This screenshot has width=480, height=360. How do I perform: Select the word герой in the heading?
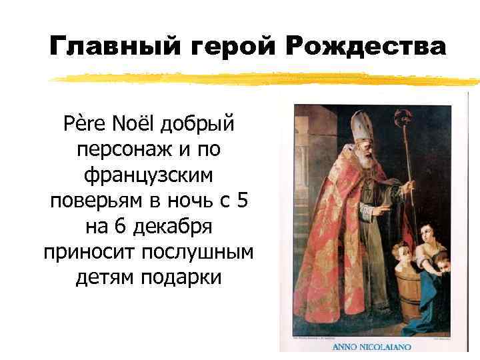click(221, 47)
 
